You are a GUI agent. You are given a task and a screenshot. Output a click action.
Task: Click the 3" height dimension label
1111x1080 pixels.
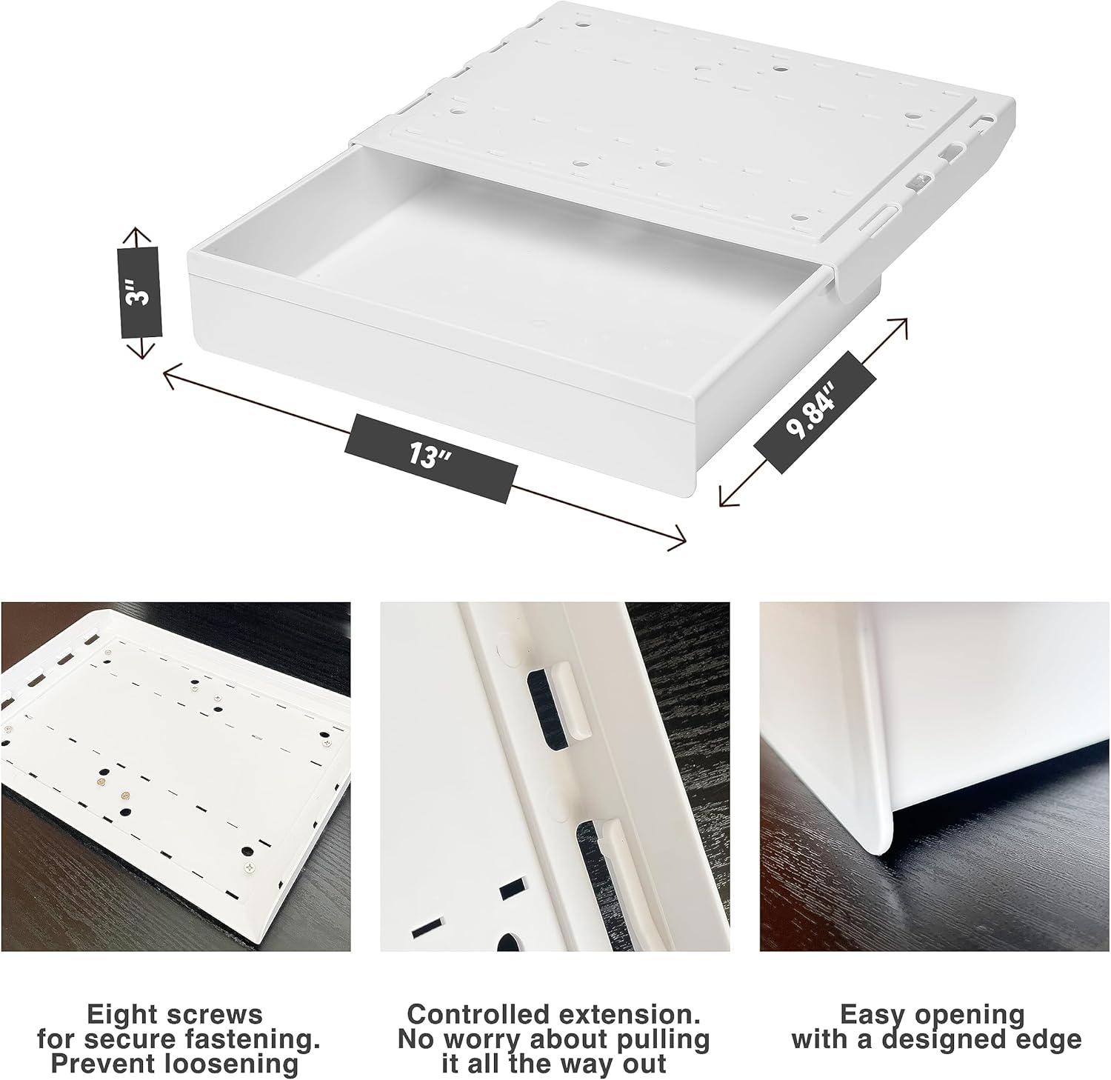coord(139,293)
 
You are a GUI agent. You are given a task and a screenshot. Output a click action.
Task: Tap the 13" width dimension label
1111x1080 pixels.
coord(430,458)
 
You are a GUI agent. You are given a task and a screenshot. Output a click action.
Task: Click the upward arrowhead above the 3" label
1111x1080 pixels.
coord(134,236)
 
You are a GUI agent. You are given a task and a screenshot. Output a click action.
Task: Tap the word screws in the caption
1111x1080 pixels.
coord(216,1016)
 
